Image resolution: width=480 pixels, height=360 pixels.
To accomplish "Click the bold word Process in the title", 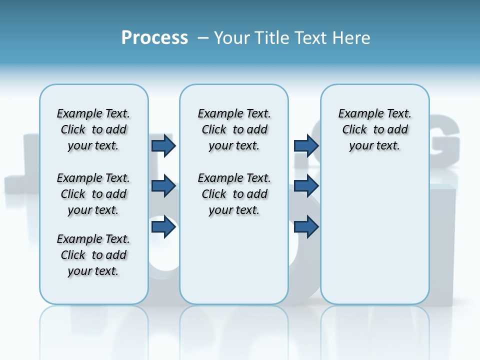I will coord(154,38).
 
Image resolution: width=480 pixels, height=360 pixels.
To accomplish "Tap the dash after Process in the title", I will coord(203,38).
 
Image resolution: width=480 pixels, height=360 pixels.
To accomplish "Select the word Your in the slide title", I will coord(232,38).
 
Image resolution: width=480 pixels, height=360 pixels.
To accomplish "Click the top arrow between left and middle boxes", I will coord(163,146).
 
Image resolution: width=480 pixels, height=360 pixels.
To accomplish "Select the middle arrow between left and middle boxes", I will coord(163,186).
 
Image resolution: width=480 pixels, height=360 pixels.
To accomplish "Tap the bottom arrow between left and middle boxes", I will coord(163,227).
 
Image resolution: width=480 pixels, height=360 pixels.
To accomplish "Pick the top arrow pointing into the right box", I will coord(306,146).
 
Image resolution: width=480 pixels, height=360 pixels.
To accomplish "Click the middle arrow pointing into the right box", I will coord(306,186).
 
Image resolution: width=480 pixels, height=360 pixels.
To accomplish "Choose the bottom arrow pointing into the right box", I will coord(306,227).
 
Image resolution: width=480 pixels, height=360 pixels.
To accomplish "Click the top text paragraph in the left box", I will coord(93,129).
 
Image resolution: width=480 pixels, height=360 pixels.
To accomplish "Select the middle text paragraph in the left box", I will coord(93,194).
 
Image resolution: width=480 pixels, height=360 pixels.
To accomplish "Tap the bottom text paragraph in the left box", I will coord(93,255).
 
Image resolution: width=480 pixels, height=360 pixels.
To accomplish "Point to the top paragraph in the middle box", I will coord(234,129).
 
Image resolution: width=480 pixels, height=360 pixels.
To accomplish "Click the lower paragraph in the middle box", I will coord(234,194).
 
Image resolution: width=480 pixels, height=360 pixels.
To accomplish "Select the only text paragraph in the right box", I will coord(374,129).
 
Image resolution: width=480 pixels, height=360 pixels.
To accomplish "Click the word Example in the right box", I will coord(358,114).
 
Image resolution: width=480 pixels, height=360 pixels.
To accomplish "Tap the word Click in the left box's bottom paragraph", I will coord(73,255).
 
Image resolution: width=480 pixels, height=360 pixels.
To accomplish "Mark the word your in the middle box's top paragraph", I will coord(219,146).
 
